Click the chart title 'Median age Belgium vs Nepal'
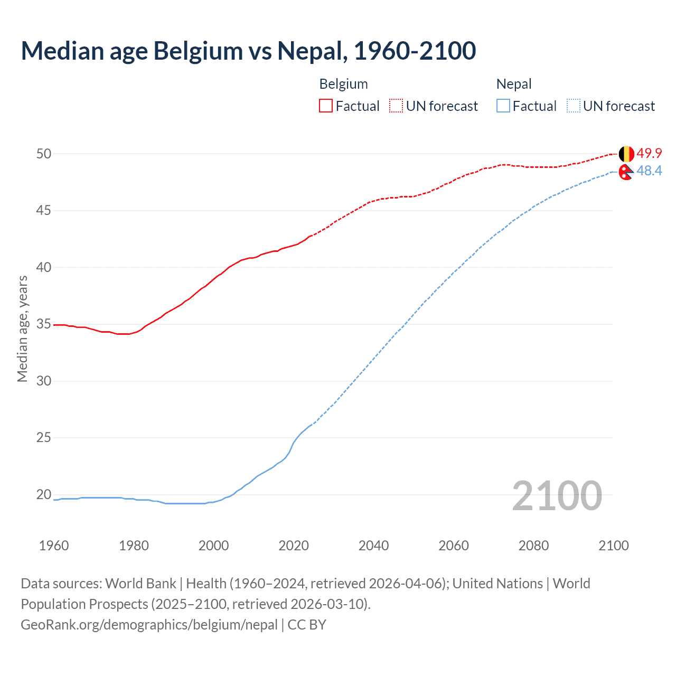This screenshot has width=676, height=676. pyautogui.click(x=248, y=51)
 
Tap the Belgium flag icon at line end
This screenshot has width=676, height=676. pyautogui.click(x=626, y=154)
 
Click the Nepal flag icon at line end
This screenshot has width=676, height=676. pyautogui.click(x=626, y=172)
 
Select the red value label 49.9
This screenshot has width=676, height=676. pyautogui.click(x=649, y=154)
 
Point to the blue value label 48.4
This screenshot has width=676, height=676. pyautogui.click(x=649, y=171)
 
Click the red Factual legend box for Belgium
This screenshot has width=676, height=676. pyautogui.click(x=326, y=106)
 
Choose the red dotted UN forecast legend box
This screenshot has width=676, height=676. pyautogui.click(x=396, y=106)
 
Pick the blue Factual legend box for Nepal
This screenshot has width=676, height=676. pyautogui.click(x=503, y=106)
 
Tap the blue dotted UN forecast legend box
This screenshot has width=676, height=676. pyautogui.click(x=574, y=106)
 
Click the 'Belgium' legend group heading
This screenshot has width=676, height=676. pyautogui.click(x=343, y=84)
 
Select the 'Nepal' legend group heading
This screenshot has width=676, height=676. pyautogui.click(x=514, y=84)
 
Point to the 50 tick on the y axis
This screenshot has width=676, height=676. pyautogui.click(x=44, y=154)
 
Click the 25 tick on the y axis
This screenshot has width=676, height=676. pyautogui.click(x=44, y=438)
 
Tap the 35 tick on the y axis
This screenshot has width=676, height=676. pyautogui.click(x=44, y=324)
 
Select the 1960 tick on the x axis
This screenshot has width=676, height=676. pyautogui.click(x=54, y=546)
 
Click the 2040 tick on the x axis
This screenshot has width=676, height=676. pyautogui.click(x=373, y=546)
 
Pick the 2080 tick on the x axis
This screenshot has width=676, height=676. pyautogui.click(x=533, y=546)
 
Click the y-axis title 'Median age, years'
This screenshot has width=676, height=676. pyautogui.click(x=22, y=328)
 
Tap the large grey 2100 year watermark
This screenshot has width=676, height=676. pyautogui.click(x=557, y=496)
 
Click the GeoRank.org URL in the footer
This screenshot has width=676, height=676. pyautogui.click(x=149, y=625)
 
